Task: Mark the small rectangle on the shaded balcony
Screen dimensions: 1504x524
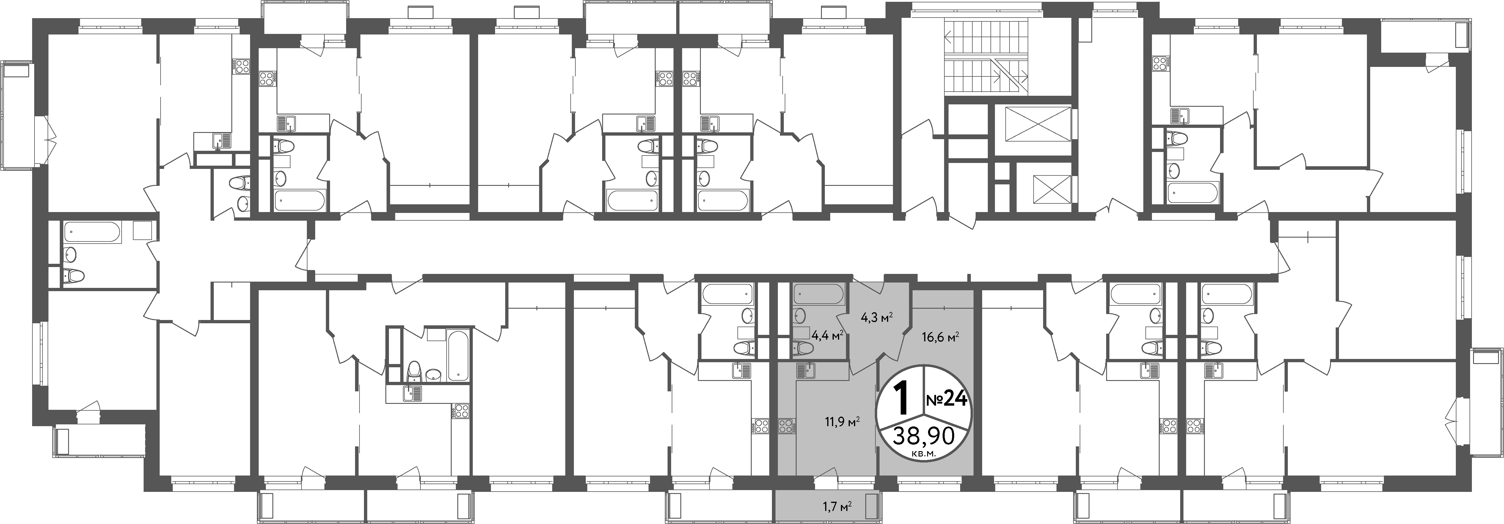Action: coord(872,505)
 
